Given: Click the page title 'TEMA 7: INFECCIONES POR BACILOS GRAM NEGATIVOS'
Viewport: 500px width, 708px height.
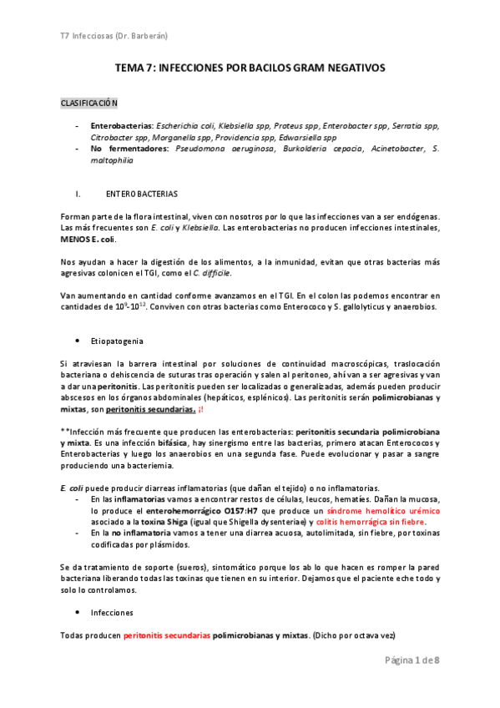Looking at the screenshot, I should (250, 68).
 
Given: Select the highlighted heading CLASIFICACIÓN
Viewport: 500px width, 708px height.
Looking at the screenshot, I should (89, 103).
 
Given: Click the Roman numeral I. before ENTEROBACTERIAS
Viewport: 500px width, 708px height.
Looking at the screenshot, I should (78, 194).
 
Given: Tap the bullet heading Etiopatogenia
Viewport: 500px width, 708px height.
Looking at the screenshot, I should (118, 341).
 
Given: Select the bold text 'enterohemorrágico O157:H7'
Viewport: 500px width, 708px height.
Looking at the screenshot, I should (180, 509).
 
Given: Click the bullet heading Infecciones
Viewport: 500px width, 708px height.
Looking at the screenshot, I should (112, 612).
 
